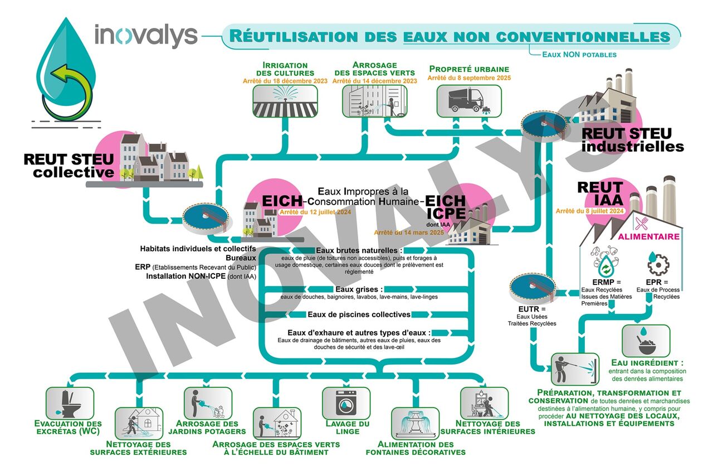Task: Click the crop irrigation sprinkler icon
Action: [286, 100]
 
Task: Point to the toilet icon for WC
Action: [69, 402]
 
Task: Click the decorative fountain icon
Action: [415, 423]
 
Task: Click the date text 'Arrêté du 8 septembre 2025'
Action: [469, 78]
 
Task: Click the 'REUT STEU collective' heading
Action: [69, 166]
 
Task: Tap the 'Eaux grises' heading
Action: [359, 289]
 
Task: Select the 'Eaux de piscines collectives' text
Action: [359, 314]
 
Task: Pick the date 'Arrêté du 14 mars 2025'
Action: [409, 232]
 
